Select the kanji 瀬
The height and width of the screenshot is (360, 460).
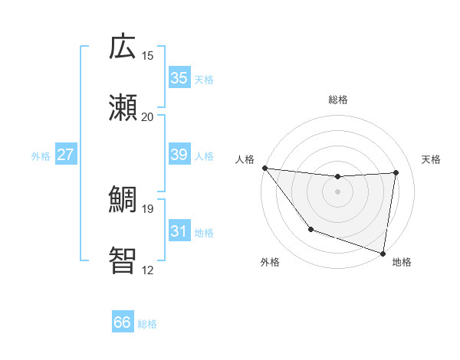tap(123, 107)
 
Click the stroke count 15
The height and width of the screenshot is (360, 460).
tap(148, 55)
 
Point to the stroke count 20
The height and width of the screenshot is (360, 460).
tap(148, 116)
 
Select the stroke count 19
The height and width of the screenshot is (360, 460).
tap(148, 208)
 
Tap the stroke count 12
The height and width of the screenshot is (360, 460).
tap(148, 270)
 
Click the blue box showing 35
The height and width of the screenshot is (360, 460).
tap(179, 78)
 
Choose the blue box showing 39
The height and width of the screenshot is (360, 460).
tap(179, 155)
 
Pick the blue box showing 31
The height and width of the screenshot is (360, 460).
tap(179, 231)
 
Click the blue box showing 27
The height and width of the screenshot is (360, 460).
tap(66, 155)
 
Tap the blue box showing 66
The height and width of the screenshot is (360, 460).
tap(123, 322)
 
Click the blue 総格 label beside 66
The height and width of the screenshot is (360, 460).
tap(147, 324)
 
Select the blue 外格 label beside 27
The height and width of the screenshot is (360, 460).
tap(41, 156)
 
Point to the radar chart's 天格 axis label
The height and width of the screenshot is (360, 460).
tap(432, 159)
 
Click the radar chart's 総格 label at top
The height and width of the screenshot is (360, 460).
tap(337, 100)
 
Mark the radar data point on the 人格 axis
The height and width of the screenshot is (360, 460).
tap(264, 168)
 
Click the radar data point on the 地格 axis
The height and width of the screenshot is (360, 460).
tap(383, 253)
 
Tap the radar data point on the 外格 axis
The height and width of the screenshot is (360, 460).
tap(310, 228)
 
